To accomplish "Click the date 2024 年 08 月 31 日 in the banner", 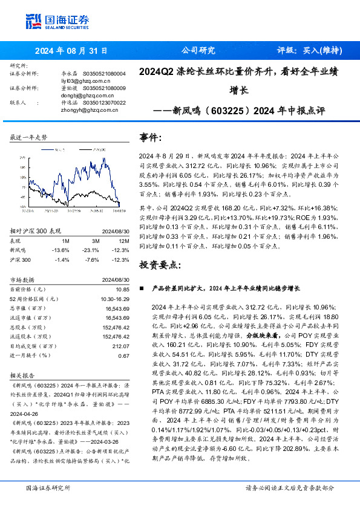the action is coord(71,51).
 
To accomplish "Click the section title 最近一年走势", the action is coord(28,138).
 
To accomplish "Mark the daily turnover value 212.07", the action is coord(120,346).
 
